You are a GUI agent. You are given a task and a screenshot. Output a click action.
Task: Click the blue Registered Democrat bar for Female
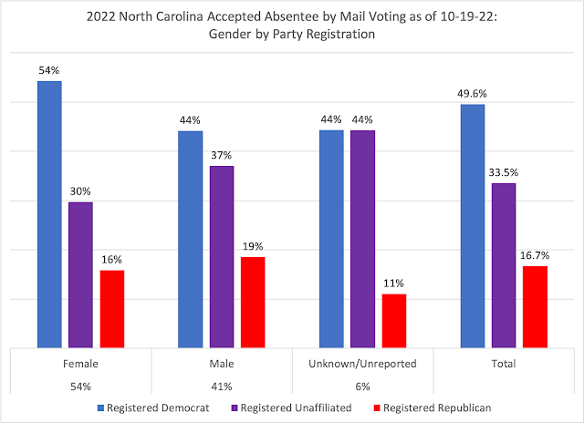tap(49, 214)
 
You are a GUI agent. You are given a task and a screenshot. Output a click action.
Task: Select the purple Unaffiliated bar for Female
tap(80, 274)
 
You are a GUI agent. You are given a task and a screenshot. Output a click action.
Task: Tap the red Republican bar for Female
tap(112, 309)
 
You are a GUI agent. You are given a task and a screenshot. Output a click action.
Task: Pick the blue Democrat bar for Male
tap(190, 239)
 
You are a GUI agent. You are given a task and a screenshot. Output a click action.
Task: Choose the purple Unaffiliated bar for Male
tap(222, 256)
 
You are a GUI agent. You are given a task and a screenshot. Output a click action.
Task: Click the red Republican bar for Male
tap(253, 302)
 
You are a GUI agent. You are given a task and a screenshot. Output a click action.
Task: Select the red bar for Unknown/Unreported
tap(394, 321)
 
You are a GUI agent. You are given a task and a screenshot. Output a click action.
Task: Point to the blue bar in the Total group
tap(473, 226)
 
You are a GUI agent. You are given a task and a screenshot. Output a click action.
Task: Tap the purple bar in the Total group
tap(504, 265)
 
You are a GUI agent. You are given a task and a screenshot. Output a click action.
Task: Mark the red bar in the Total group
tap(535, 306)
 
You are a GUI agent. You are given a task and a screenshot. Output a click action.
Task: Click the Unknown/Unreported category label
tap(362, 363)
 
